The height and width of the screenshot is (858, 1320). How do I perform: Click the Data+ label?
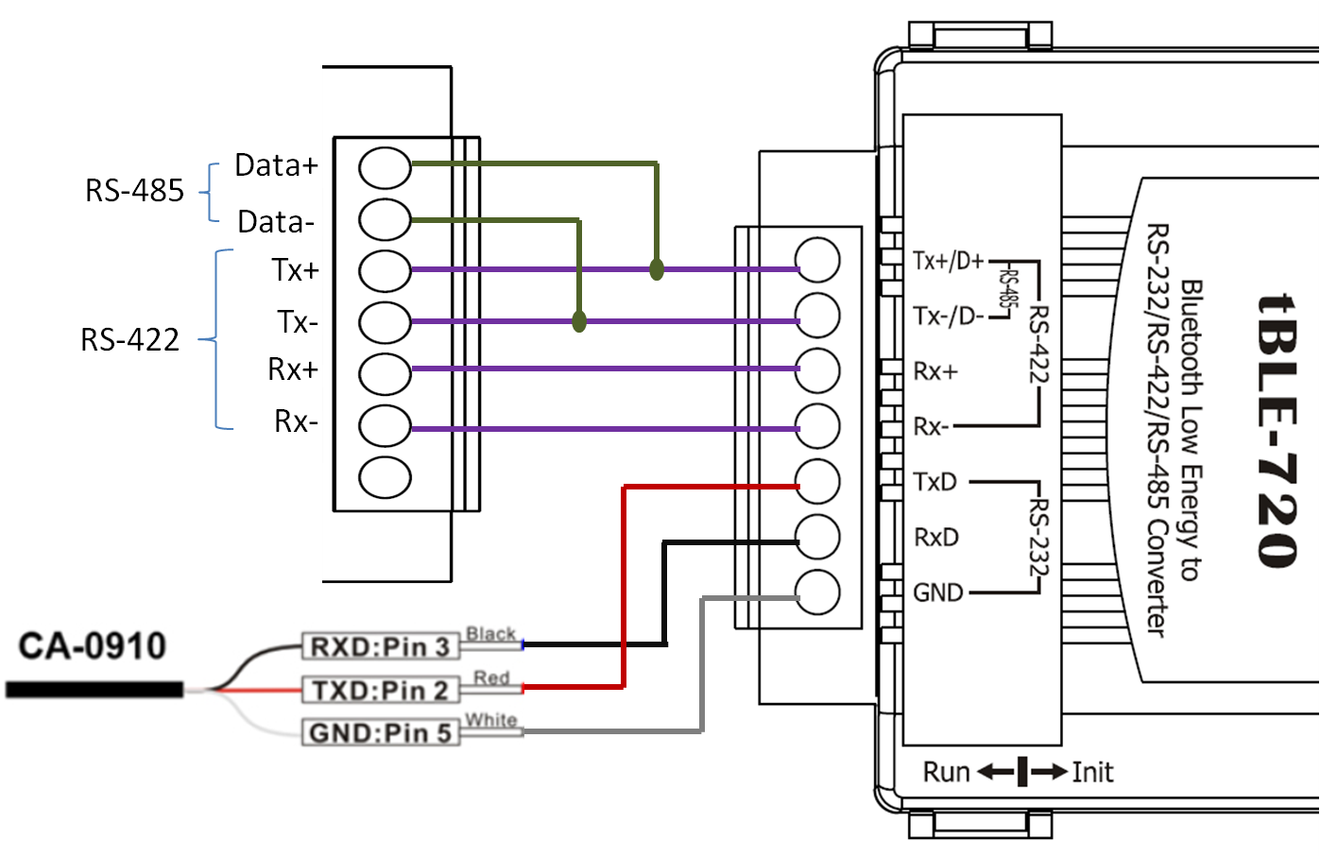(x=276, y=165)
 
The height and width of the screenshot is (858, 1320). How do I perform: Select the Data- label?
(x=275, y=222)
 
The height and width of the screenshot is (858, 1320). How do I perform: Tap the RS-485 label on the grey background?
(x=134, y=190)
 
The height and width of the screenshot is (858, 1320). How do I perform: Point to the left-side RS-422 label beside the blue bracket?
(x=129, y=339)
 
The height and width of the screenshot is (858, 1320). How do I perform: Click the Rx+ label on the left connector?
(x=293, y=369)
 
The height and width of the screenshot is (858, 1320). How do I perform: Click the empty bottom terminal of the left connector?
(x=385, y=477)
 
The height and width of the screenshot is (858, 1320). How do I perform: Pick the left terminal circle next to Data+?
(x=385, y=168)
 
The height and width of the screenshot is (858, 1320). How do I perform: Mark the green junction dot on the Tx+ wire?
(x=657, y=270)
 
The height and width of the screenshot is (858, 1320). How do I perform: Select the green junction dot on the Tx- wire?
(x=579, y=322)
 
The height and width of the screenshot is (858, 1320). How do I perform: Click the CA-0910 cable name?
(x=93, y=646)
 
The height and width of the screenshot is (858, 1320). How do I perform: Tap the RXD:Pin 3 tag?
(x=380, y=647)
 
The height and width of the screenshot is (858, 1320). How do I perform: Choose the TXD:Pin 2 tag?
(x=380, y=691)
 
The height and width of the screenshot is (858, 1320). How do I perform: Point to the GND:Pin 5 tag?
(x=380, y=733)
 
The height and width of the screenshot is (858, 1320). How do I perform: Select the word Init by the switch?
(x=1092, y=773)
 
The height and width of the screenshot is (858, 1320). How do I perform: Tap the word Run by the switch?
(x=946, y=773)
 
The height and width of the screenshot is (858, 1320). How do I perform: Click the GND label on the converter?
(x=937, y=592)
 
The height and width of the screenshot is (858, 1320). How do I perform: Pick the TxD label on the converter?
(x=935, y=482)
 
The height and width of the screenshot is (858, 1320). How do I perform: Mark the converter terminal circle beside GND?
(x=817, y=593)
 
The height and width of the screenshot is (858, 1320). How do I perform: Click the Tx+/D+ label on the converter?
(x=949, y=261)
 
